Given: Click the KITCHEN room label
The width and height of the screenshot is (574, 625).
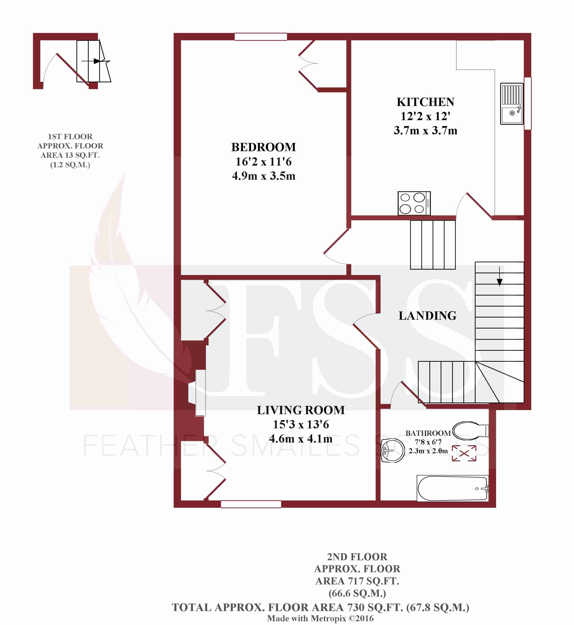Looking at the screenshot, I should coord(425,102).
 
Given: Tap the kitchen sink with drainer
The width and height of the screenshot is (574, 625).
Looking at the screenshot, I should coord(511,104).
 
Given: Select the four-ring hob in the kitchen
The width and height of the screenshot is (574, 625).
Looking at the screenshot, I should coord(414,203).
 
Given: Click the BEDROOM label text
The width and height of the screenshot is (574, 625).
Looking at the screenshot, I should coord(263,147).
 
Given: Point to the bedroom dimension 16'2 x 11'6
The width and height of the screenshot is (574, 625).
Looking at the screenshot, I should coord(263,161).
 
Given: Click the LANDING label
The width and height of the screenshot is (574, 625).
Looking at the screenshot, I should coord(427,316).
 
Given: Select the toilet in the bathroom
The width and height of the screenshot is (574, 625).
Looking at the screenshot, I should coord(470,431).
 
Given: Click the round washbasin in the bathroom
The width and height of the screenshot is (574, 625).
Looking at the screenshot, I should coord(392,450).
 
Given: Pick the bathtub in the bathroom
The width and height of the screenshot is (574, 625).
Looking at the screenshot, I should coord(452,488).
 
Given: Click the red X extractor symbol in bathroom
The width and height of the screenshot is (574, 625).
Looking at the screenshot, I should coord(464,453).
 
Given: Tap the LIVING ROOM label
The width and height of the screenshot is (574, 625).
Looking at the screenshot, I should coord(301,410).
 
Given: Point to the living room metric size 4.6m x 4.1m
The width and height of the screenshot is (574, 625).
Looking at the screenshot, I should coord(301,439).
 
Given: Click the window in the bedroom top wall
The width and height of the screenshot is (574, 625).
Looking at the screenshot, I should coord(261,37).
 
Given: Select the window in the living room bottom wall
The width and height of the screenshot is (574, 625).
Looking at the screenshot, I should coord(251,504).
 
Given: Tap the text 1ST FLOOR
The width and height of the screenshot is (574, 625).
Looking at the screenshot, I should coord(70,137).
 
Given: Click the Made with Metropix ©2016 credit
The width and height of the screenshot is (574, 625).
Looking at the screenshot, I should coord(320,618).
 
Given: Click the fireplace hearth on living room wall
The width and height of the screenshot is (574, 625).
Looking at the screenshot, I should coord(200,393).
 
